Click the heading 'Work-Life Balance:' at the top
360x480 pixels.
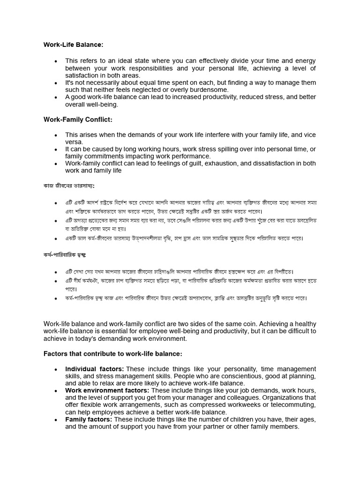point(73,45)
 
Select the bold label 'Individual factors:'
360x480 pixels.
point(94,369)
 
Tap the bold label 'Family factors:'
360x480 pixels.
point(89,420)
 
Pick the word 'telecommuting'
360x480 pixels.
point(290,405)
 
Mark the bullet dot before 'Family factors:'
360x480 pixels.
point(56,420)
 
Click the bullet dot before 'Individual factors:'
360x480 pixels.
point(56,369)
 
